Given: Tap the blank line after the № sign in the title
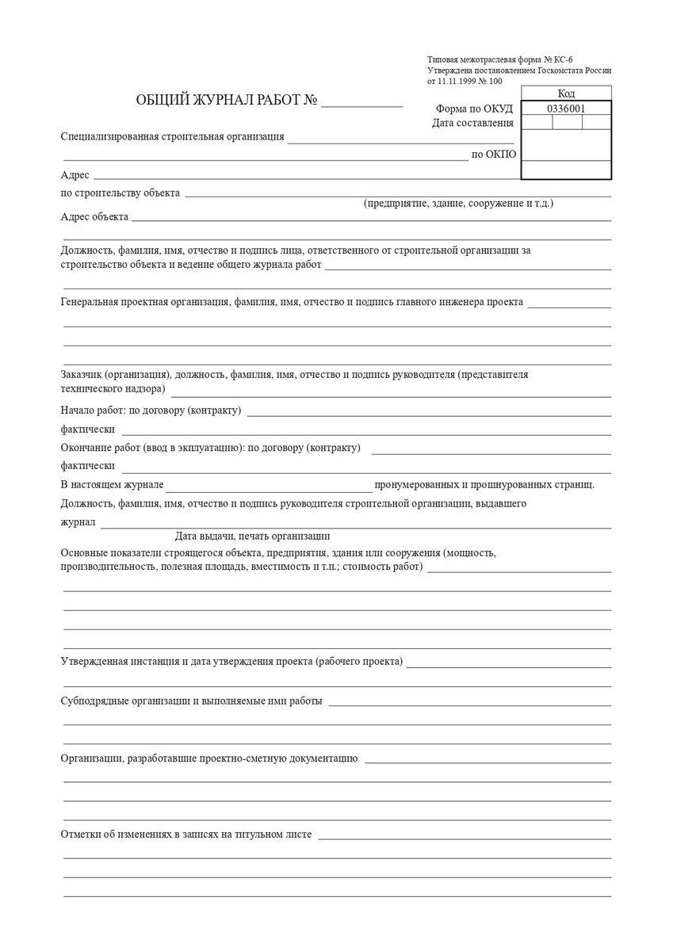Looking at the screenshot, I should (361, 104).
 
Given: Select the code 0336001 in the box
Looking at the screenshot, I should (566, 109).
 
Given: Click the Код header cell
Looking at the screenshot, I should (566, 94).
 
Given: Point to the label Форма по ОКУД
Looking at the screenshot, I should (474, 109).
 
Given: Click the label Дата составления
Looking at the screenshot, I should (472, 123).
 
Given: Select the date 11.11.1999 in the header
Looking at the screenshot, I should (461, 81).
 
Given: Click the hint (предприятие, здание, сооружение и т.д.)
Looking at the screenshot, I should (458, 204).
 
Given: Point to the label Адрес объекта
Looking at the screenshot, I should (94, 216).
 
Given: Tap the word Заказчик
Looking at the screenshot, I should (82, 373).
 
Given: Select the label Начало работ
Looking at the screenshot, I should (90, 411).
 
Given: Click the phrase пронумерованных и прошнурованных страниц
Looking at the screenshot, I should (484, 484).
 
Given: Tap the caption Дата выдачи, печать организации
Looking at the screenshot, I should (252, 536).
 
